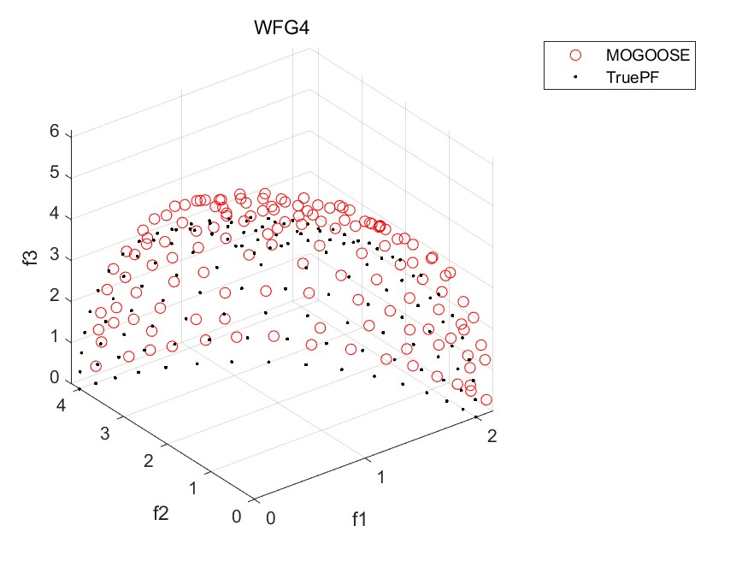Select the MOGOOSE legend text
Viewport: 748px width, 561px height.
click(646, 54)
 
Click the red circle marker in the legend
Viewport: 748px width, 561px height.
click(575, 54)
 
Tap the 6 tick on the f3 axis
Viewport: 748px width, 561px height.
click(54, 133)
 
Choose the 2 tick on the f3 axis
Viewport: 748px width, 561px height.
click(54, 297)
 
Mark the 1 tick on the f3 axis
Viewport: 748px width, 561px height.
click(54, 338)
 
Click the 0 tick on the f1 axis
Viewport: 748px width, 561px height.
click(271, 518)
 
